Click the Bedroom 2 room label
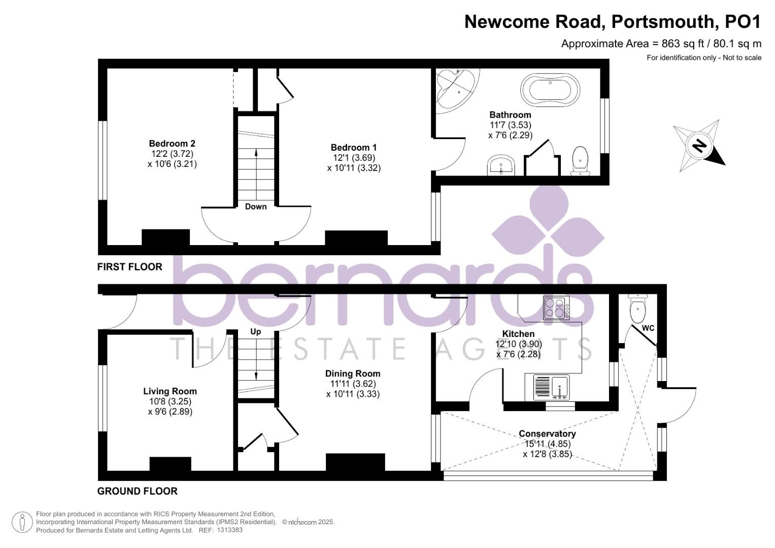(x=172, y=144)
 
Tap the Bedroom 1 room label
(x=354, y=148)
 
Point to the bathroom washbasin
(x=501, y=165)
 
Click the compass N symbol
(x=700, y=145)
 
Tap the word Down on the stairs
(x=256, y=207)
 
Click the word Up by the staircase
(x=256, y=331)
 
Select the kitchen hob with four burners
(x=556, y=307)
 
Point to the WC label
(x=648, y=328)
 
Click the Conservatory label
(x=547, y=434)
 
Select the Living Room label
(x=170, y=391)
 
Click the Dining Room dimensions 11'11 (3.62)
(x=353, y=384)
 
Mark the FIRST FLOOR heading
(x=130, y=267)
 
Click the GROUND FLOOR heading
(x=138, y=491)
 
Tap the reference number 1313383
(x=229, y=530)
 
